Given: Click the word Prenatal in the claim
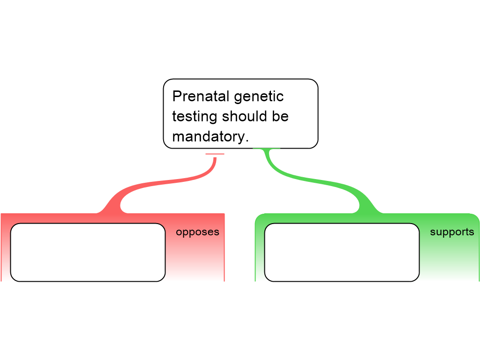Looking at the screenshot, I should [200, 97].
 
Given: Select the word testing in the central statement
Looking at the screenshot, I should [195, 116].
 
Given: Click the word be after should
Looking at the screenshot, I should [280, 116].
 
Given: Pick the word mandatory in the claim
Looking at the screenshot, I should [208, 136].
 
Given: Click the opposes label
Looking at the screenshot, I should [197, 232].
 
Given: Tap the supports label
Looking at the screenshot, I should [452, 232].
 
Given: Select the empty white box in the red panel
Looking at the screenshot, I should [88, 252].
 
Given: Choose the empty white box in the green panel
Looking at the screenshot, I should [342, 252].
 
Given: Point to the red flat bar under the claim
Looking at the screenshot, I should [215, 154].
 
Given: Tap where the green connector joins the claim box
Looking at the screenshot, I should [267, 149].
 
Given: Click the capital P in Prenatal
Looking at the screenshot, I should [176, 97].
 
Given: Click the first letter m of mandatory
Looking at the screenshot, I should [178, 137].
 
